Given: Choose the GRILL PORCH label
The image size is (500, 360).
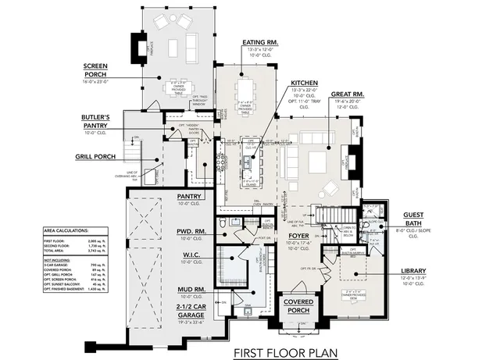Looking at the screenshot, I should (x=95, y=157).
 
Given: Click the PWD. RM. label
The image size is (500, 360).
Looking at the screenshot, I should (x=190, y=231).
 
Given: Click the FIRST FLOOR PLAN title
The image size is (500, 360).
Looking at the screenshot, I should (x=286, y=352).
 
